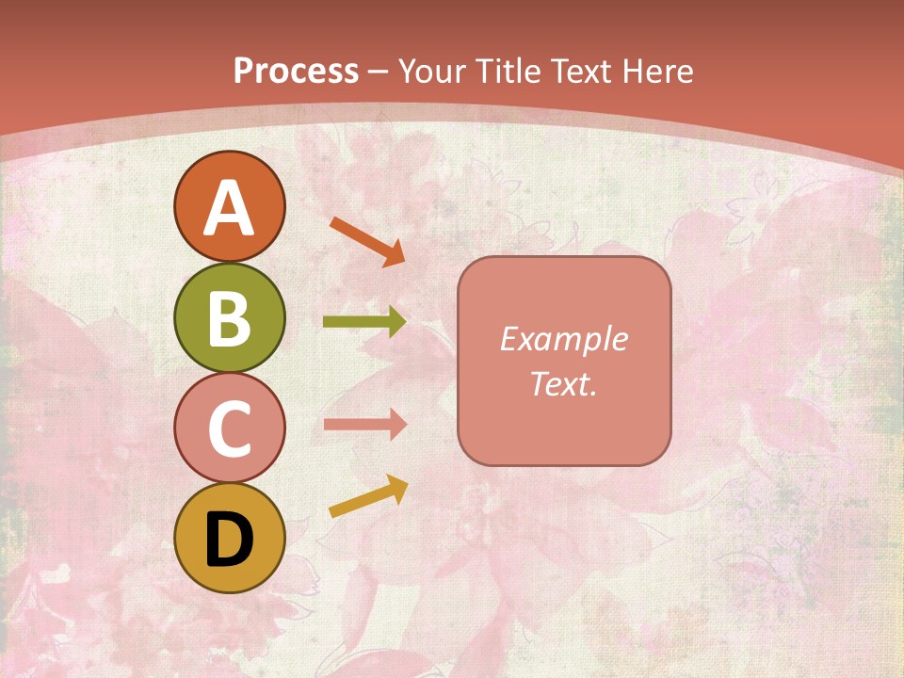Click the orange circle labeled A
[x=229, y=206]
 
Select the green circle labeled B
[x=229, y=317]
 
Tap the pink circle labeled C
[x=229, y=428]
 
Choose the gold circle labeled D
[x=229, y=539]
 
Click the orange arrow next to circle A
[x=367, y=241]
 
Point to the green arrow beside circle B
[x=364, y=322]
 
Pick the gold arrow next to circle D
[x=368, y=496]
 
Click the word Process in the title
[x=296, y=72]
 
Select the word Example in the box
[x=564, y=339]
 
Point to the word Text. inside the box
[x=564, y=383]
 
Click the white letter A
[x=229, y=209]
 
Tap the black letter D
[x=229, y=540]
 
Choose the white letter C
[x=229, y=429]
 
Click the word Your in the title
[x=431, y=72]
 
